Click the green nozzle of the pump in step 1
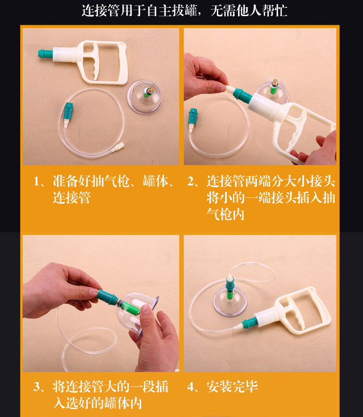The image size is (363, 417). pos(45,53)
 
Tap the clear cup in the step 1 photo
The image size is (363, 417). pos(145,97)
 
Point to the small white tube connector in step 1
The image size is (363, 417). pos(118,147)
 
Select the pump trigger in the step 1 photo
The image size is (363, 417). pos(91,61)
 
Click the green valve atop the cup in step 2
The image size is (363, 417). pos(274,86)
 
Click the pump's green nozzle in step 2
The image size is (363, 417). pos(242,95)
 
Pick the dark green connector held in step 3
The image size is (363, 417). pos(108,297)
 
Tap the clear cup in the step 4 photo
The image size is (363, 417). pos(230,301)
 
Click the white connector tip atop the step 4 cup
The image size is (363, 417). pos(230,279)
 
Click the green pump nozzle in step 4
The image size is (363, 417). pos(249,323)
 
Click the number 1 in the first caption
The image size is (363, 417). pos(36,182)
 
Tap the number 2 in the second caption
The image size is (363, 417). pos(191,181)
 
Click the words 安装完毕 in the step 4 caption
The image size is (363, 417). pos(232,387)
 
